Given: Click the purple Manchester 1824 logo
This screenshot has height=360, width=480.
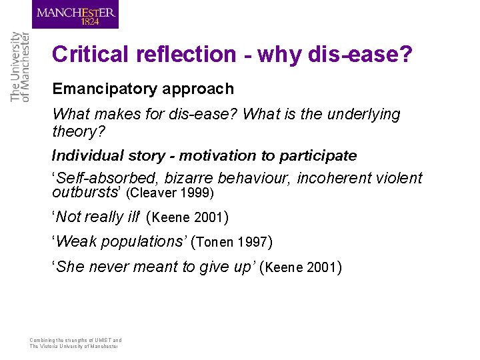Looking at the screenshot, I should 75,15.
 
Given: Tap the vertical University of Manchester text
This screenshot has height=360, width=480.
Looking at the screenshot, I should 20,67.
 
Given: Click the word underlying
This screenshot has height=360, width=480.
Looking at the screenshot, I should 364,115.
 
